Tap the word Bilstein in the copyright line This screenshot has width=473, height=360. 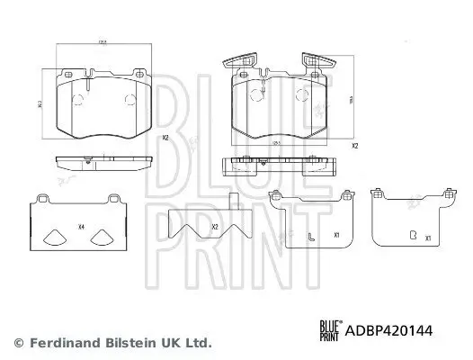click(x=119, y=343)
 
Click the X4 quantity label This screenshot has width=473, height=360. click(x=82, y=227)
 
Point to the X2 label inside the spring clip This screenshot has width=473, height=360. click(x=214, y=228)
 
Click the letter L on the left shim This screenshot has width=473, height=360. click(x=308, y=237)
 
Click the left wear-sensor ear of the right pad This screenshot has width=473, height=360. click(x=235, y=62)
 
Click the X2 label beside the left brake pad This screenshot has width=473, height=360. click(x=165, y=138)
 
